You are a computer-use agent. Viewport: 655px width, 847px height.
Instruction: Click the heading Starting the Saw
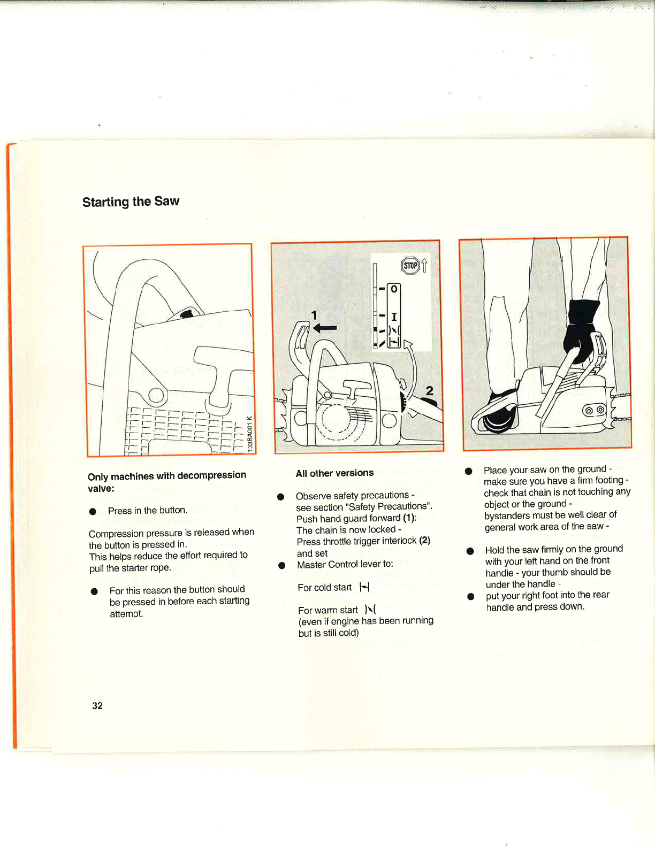click(x=131, y=202)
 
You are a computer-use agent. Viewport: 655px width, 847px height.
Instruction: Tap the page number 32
click(x=97, y=705)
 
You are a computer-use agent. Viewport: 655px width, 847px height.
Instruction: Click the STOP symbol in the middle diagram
click(x=410, y=265)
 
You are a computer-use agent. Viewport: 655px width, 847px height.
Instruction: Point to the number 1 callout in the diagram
click(x=314, y=315)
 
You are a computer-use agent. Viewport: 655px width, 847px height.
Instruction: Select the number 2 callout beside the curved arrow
click(x=429, y=391)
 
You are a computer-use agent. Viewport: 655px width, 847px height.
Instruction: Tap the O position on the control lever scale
click(x=394, y=289)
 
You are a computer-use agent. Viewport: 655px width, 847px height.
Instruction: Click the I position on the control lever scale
click(x=394, y=317)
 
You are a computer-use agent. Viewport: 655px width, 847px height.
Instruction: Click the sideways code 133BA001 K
click(x=250, y=434)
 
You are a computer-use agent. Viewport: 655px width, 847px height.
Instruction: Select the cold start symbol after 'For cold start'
click(x=364, y=587)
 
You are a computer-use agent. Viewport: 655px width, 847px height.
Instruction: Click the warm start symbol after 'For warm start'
click(x=370, y=610)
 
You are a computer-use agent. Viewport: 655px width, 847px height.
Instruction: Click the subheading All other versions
click(x=334, y=473)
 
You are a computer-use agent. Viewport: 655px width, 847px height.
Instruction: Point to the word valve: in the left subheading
click(x=101, y=488)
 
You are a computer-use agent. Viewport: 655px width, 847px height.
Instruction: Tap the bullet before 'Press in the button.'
click(x=93, y=511)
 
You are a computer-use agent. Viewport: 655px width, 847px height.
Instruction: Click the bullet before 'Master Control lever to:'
click(x=281, y=565)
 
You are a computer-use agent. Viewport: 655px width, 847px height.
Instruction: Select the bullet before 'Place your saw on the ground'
click(x=469, y=471)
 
